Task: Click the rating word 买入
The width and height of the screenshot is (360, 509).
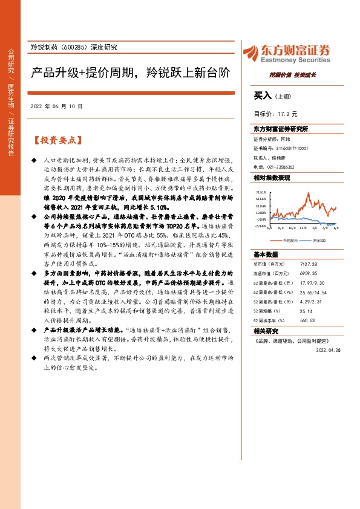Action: [263, 96]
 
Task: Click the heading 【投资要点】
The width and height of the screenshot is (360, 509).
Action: [56, 140]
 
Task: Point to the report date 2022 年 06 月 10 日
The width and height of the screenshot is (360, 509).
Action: [54, 106]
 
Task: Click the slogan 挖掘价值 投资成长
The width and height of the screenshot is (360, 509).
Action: [293, 75]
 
